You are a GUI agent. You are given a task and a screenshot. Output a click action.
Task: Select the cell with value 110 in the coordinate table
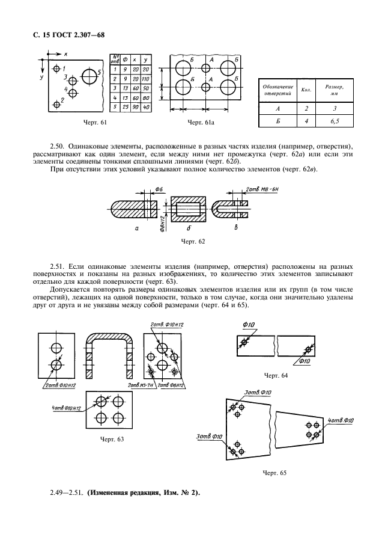pos(146,79)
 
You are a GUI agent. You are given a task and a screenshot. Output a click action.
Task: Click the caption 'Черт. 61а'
pos(202,123)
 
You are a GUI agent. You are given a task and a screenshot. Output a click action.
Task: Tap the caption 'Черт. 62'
pos(193,241)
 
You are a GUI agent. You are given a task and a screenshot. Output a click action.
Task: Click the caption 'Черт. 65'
pos(274,473)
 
